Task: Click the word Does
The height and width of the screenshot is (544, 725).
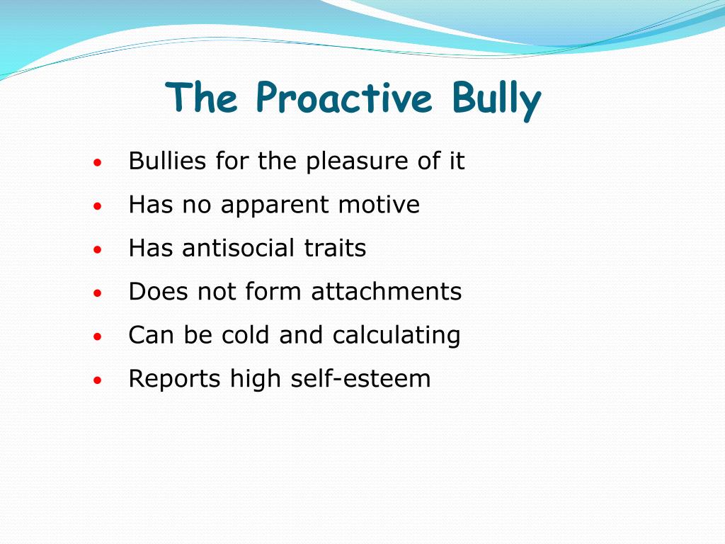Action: tap(156, 292)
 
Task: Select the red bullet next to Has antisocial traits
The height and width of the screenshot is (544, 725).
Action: tap(98, 250)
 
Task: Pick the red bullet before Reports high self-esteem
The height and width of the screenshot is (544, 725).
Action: tap(98, 380)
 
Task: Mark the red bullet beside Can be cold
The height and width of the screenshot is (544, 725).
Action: tap(98, 337)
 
